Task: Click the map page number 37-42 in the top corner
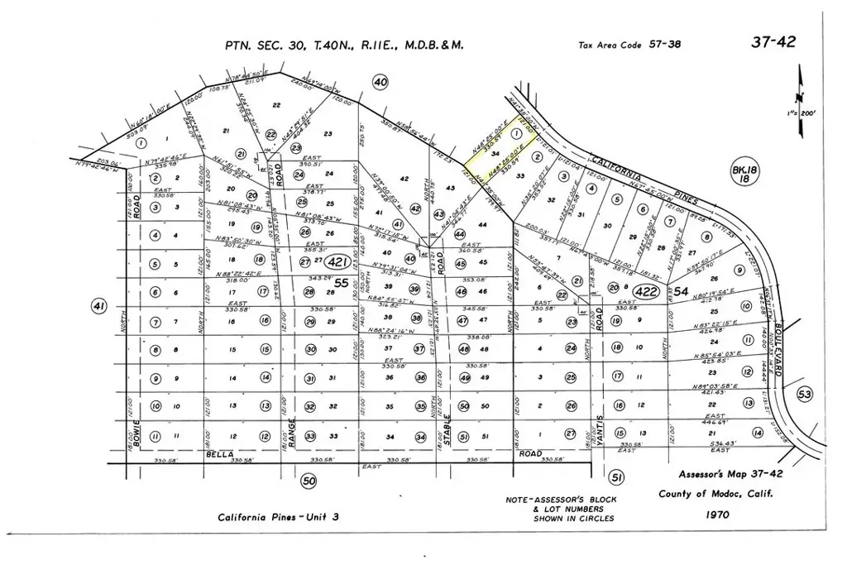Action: tap(773, 41)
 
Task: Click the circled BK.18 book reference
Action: tap(739, 174)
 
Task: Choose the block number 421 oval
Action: tap(336, 262)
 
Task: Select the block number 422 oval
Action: tap(646, 290)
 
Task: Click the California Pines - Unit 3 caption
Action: tap(279, 518)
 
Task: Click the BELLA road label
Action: tap(221, 455)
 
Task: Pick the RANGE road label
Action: tap(291, 434)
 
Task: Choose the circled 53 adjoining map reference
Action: tap(805, 394)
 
